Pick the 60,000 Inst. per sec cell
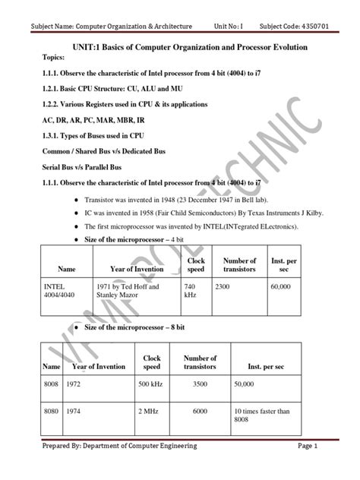tap(283, 287)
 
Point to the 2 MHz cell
tap(148, 411)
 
